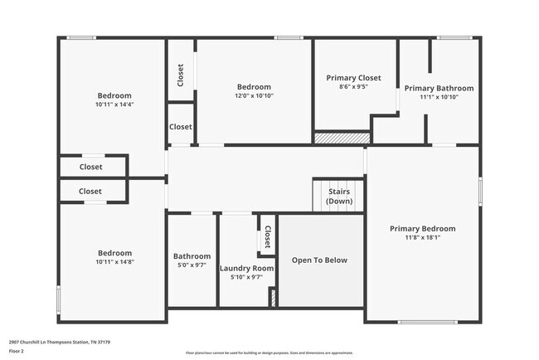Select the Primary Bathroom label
pos(439,88)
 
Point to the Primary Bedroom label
pos(422,228)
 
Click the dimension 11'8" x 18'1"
pos(422,237)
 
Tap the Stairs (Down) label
pos(338,197)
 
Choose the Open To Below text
pos(319,260)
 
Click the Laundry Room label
pos(246,268)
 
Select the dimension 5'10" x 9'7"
pos(246,277)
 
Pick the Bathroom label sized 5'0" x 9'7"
pos(192,256)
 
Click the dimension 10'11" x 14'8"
pos(114,262)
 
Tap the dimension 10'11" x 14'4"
pos(114,105)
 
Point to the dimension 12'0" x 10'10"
pos(254,96)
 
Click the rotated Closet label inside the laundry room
pos(267,239)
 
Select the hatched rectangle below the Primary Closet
pos(341,138)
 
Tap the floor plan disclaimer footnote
pos(269,353)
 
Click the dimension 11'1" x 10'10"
pos(439,97)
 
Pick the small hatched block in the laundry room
pos(273,298)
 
